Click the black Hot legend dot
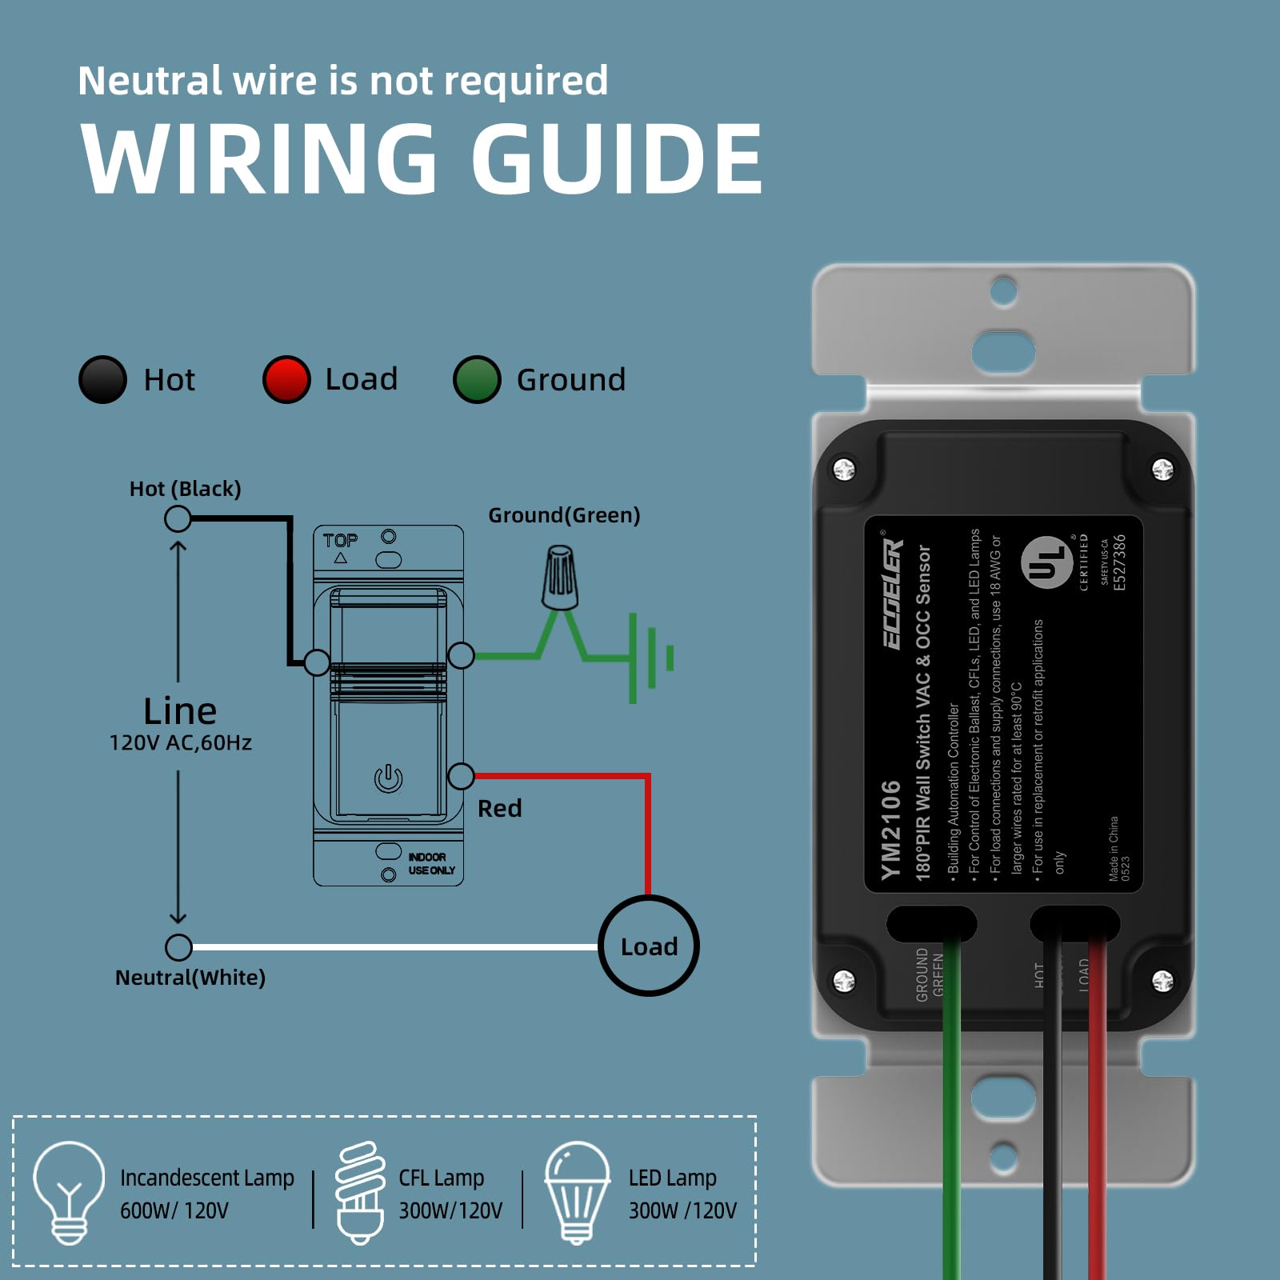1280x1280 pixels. pos(102,379)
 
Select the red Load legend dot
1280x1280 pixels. pos(286,379)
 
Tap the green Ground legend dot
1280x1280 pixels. pos(477,379)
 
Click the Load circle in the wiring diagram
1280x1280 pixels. pos(649,946)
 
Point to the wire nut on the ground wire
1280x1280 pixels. pos(560,578)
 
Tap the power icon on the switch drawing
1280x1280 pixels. pos(389,778)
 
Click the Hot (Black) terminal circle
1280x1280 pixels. pos(178,519)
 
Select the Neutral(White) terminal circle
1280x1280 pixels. pos(178,947)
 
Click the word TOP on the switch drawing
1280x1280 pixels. pos(340,541)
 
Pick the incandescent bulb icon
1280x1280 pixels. pos(69,1192)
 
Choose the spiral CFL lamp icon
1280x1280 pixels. pos(360,1192)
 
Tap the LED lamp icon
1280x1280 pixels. pos(577,1192)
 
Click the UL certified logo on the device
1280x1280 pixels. pos(1046,562)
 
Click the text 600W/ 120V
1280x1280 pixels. pos(174,1210)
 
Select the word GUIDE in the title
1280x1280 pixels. pos(616,159)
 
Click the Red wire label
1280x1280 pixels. pos(500,809)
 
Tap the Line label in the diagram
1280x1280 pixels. pos(180,710)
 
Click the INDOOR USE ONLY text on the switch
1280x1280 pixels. pos(431,863)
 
